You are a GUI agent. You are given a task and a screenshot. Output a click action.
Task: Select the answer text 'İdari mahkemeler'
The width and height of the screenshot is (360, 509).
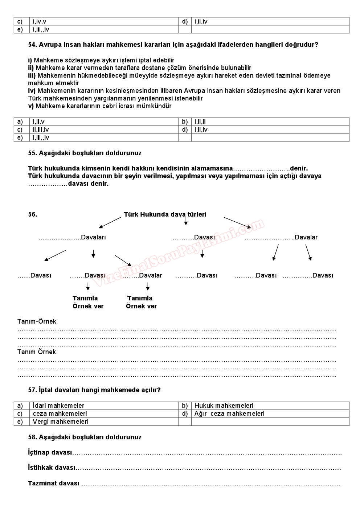tap(58, 406)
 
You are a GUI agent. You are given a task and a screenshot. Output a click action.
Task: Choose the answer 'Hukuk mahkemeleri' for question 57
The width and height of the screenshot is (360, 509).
tap(224, 406)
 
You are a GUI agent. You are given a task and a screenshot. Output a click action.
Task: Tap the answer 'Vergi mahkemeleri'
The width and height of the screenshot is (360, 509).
tap(60, 422)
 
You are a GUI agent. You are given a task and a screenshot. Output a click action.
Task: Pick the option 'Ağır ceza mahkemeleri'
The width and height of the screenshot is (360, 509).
tap(229, 414)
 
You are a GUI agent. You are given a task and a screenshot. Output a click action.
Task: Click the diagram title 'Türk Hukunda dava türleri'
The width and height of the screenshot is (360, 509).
tap(165, 214)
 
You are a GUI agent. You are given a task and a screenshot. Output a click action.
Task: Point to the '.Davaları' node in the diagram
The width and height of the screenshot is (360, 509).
tap(93, 237)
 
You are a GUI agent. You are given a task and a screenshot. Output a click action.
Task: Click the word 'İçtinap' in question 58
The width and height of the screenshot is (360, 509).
tap(38, 452)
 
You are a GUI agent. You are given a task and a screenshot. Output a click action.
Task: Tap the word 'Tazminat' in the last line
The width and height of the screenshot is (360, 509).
tap(42, 483)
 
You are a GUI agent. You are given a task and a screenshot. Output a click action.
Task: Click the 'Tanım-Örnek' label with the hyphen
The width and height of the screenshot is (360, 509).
tap(37, 321)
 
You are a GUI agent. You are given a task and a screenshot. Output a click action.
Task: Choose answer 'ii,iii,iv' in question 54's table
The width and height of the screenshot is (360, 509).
tap(41, 130)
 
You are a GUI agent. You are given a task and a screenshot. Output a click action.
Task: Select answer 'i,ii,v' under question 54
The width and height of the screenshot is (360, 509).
tap(38, 122)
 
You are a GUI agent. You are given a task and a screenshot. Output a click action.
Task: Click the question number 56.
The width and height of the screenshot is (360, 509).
tap(32, 214)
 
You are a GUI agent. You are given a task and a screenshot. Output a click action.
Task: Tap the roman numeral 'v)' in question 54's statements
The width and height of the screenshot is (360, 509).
tap(31, 106)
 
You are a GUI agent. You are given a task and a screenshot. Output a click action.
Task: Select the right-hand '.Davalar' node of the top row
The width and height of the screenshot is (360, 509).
tap(306, 237)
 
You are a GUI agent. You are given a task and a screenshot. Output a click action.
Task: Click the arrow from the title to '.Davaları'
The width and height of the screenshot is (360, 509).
tap(110, 223)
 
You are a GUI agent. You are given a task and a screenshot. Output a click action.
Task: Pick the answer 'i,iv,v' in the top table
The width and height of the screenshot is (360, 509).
tap(39, 21)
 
